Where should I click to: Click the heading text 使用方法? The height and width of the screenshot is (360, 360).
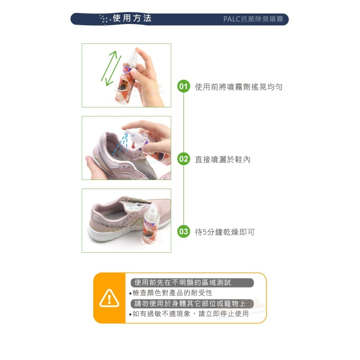132,18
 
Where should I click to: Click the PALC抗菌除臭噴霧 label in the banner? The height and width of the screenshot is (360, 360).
253,19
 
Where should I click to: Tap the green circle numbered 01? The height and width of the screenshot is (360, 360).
184,86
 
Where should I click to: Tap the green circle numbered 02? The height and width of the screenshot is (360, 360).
184,159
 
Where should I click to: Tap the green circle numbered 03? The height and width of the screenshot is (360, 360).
184,231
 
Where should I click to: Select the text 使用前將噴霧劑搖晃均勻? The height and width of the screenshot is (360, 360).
238,87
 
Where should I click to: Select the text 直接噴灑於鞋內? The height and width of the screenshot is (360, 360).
222,159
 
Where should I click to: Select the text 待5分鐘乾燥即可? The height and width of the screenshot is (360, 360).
225,232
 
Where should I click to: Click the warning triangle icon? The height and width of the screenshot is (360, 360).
109,298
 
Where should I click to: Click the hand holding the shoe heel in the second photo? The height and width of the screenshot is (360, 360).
94,167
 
